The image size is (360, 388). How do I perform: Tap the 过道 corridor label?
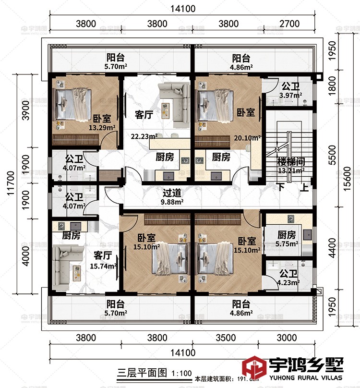[x=172, y=193]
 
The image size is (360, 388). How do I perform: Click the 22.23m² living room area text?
[x=142, y=136]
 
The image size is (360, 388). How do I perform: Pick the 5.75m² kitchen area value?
[x=288, y=243]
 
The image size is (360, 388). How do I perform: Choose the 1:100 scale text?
[x=180, y=373]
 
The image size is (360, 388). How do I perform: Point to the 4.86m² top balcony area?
[x=240, y=67]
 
